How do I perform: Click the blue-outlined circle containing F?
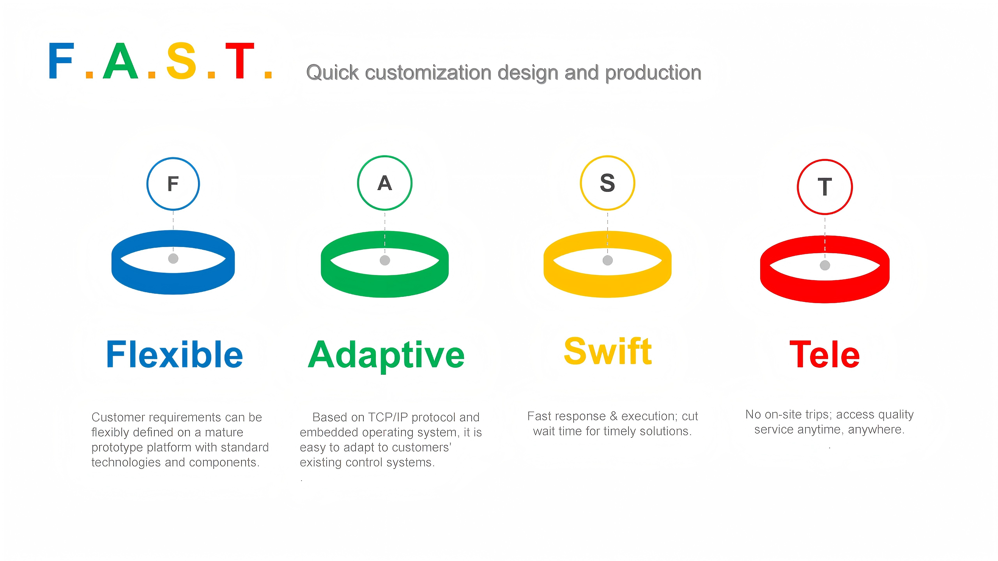[173, 183]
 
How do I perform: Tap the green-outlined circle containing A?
[385, 183]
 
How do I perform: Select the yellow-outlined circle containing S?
[608, 183]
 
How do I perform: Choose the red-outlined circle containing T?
[825, 187]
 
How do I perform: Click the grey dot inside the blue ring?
[173, 259]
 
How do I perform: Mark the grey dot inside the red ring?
[825, 265]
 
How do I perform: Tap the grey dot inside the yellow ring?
[608, 261]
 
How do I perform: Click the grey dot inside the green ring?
[385, 261]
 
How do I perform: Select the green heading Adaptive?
[386, 355]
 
